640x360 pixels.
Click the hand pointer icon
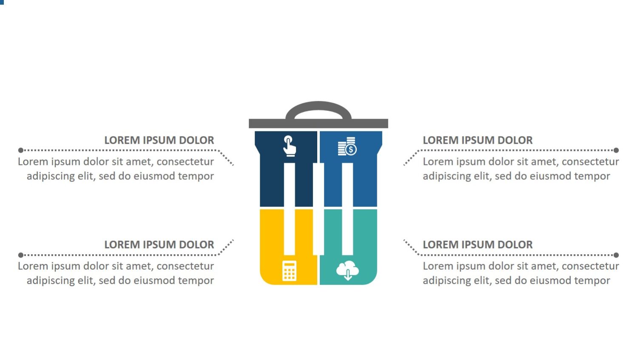[290, 146]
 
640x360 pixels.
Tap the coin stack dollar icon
[347, 146]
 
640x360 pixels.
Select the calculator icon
[289, 271]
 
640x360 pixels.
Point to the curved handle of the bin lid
[319, 105]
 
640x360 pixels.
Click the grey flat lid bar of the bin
[318, 123]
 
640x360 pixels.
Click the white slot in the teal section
[347, 232]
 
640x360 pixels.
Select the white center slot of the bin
[319, 208]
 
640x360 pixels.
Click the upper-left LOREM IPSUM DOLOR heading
[159, 140]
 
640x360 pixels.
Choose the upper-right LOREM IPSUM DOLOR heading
[478, 140]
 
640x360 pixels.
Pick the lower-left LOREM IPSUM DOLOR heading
[159, 245]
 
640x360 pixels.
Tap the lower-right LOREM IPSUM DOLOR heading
[478, 245]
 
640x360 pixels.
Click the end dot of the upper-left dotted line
[20, 150]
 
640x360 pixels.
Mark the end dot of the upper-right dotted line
[616, 150]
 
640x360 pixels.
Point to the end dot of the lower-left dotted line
[20, 255]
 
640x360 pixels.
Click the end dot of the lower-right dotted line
[616, 255]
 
